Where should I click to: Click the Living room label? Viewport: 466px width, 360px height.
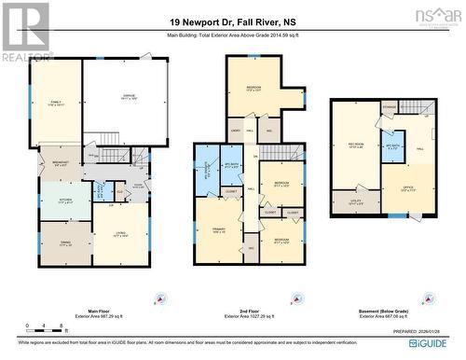(121, 235)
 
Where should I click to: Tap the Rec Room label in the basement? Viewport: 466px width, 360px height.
(355, 145)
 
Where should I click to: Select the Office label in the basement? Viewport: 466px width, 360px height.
(407, 188)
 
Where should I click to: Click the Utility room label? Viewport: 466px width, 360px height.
(355, 199)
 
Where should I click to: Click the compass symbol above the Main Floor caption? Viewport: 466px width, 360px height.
(161, 298)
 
